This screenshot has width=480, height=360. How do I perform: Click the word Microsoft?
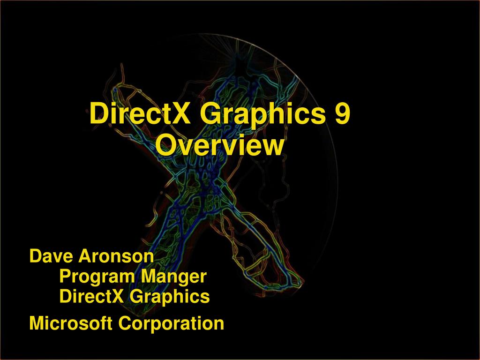click(x=70, y=323)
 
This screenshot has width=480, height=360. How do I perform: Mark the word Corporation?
click(x=171, y=323)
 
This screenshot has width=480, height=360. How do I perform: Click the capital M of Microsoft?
click(x=36, y=323)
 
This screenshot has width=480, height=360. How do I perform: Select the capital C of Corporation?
click(x=123, y=323)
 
